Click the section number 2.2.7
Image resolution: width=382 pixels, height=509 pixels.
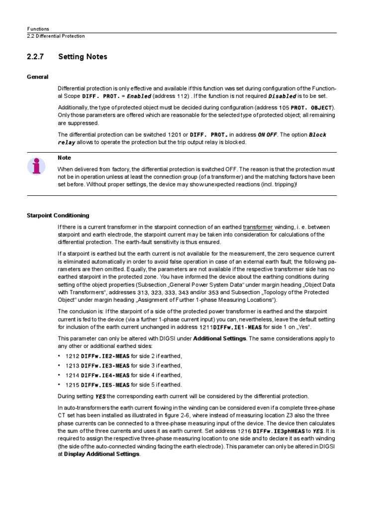click(35, 57)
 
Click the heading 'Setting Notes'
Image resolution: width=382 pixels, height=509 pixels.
click(83, 57)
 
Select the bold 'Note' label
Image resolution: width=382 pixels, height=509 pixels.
click(65, 158)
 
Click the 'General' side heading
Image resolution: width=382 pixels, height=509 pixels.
click(37, 77)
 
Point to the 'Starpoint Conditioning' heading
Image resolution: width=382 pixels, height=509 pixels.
click(58, 215)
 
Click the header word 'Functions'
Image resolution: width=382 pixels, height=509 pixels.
click(38, 29)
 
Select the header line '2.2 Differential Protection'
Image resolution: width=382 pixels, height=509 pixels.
click(56, 36)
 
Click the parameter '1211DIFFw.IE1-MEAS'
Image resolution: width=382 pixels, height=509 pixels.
click(231, 328)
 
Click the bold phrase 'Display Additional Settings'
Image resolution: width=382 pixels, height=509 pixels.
click(102, 454)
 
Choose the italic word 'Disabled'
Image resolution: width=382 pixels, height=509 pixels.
click(282, 96)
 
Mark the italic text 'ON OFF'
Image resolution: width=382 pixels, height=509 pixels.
click(267, 135)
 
